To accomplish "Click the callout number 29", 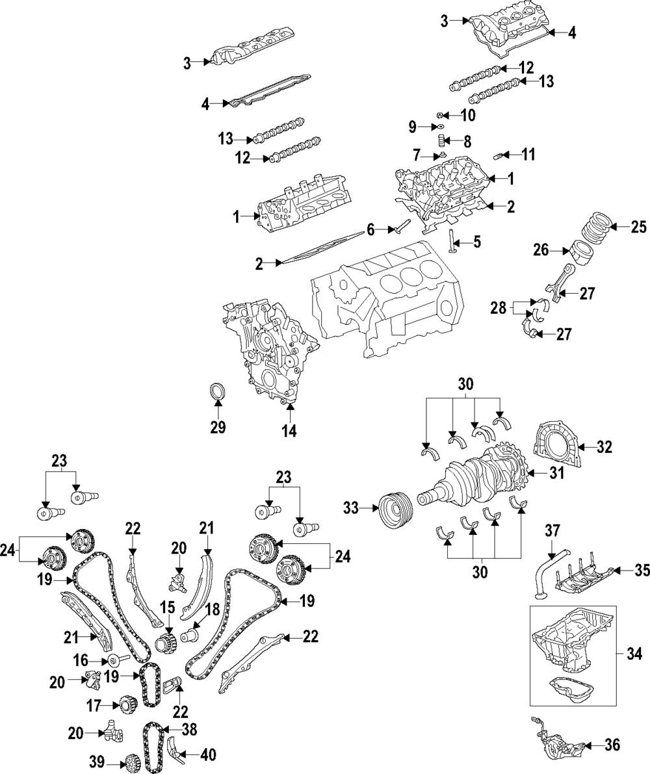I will (218, 427).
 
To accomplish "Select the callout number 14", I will (289, 430).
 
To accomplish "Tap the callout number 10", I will (468, 115).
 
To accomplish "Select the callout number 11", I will (528, 155).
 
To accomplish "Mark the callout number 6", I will (370, 229).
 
